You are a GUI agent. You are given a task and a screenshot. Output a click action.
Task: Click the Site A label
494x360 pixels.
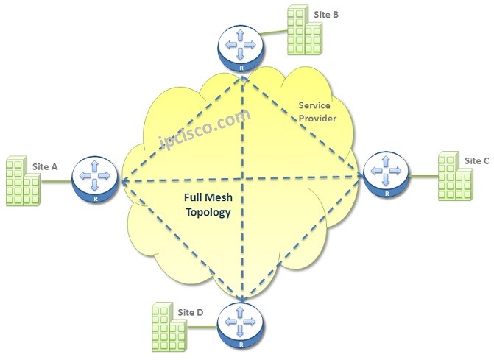coord(45,166)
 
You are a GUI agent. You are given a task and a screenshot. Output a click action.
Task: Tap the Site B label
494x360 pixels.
coord(326,13)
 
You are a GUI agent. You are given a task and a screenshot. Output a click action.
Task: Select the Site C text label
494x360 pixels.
coord(476,160)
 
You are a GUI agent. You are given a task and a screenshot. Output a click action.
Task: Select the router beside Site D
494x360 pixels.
coord(241,324)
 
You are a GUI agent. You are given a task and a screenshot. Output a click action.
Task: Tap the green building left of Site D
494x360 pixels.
coord(166,325)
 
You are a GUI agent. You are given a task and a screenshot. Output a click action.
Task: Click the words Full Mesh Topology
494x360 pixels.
coord(208,205)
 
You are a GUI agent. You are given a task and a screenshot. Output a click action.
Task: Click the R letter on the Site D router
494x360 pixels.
coord(241,344)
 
